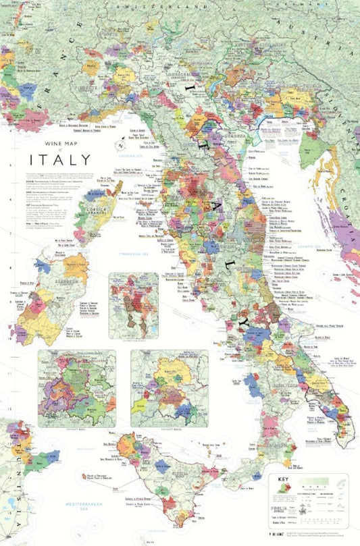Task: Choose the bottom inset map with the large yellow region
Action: click(169, 388)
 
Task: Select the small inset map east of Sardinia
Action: click(133, 305)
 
